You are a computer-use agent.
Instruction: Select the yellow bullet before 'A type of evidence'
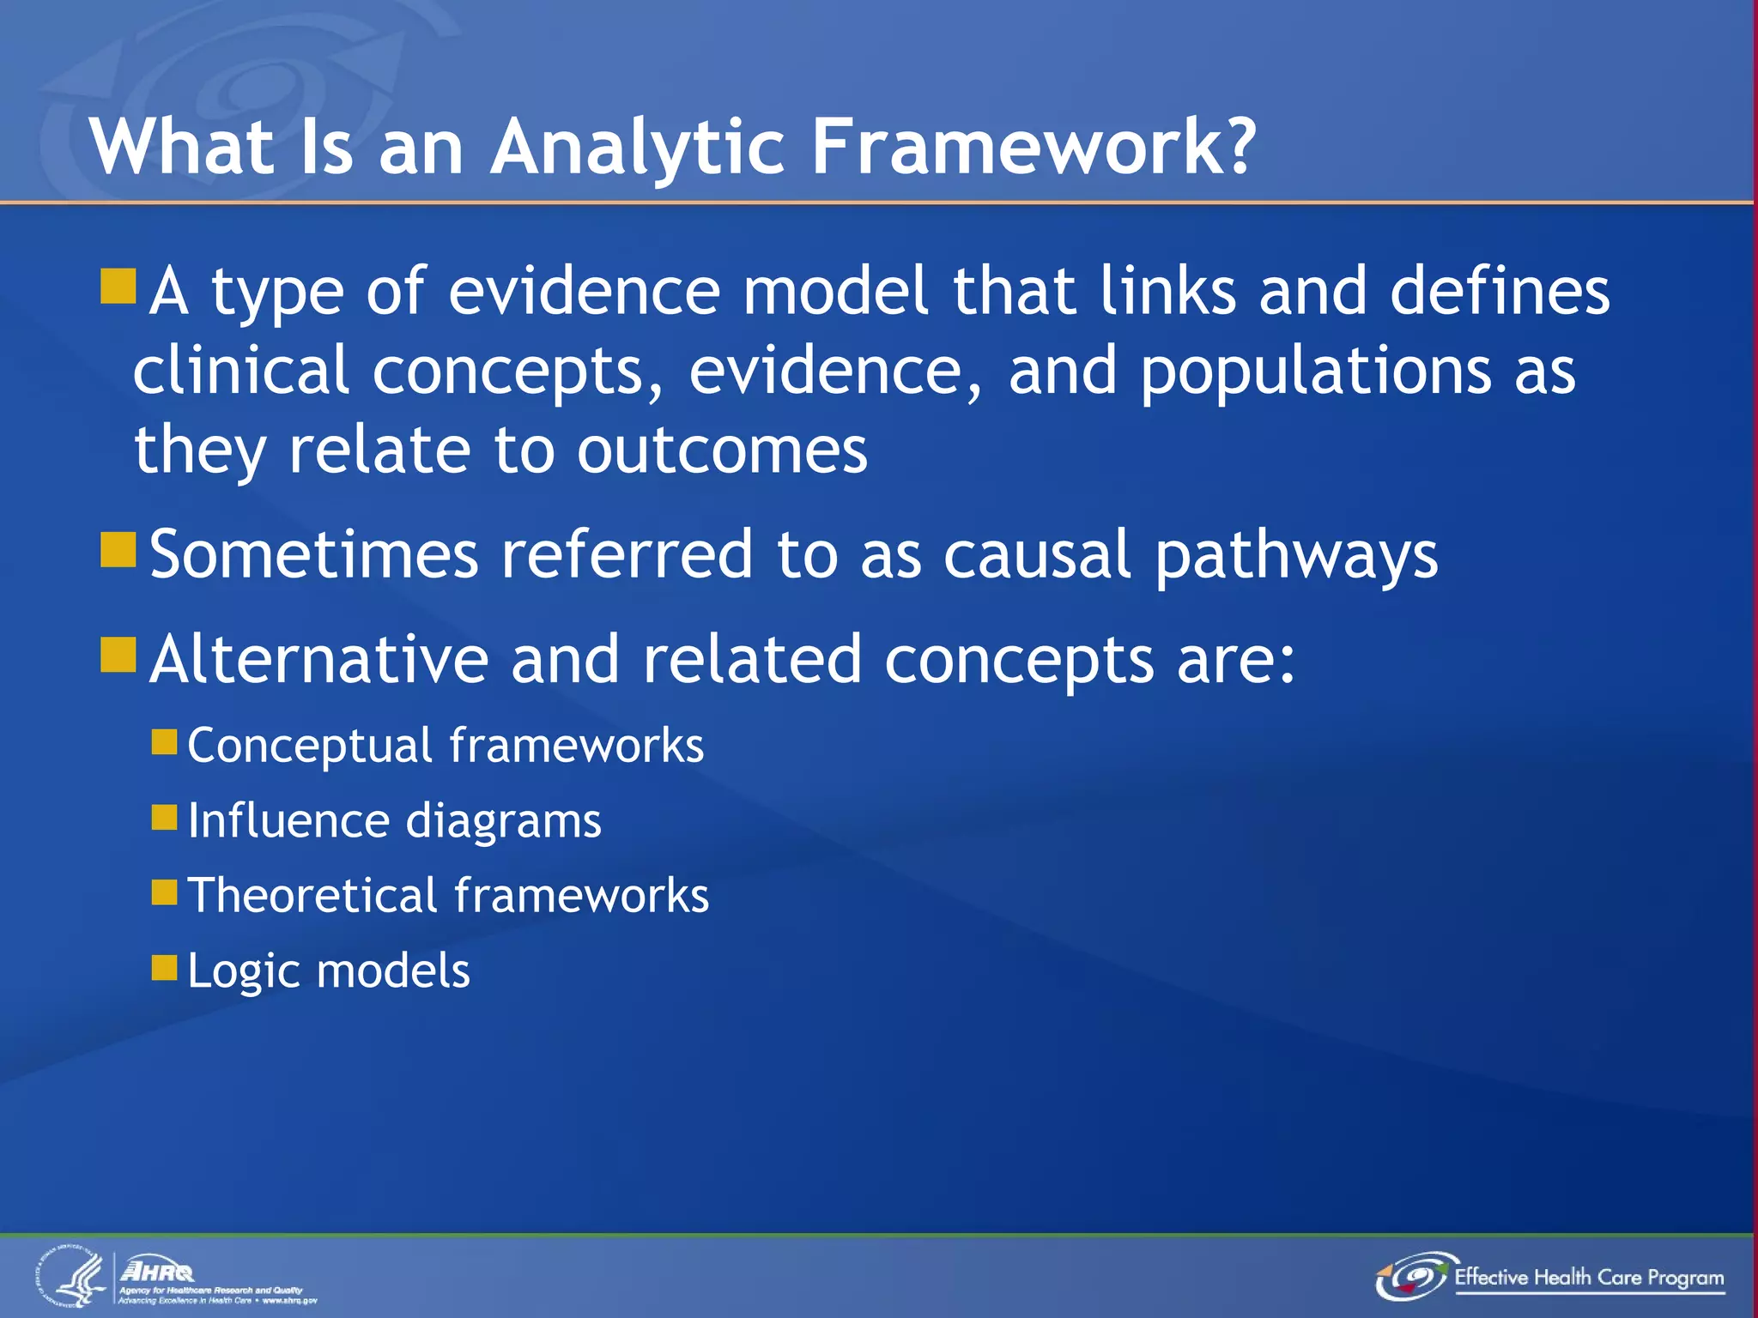click(118, 287)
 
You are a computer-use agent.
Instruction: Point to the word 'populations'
click(1315, 371)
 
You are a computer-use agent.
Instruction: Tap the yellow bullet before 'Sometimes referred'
click(118, 550)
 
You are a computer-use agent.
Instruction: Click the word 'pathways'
click(1295, 556)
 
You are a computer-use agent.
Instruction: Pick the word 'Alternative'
click(319, 659)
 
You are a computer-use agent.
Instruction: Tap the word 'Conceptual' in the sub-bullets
click(309, 745)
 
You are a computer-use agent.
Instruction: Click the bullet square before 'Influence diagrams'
click(164, 817)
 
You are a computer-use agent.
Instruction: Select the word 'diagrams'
click(503, 821)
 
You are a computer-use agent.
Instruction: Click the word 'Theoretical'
click(312, 895)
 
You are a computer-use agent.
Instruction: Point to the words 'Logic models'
click(328, 970)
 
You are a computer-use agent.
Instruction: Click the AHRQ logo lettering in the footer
click(158, 1271)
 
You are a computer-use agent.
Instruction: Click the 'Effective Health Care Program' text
click(1588, 1277)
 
